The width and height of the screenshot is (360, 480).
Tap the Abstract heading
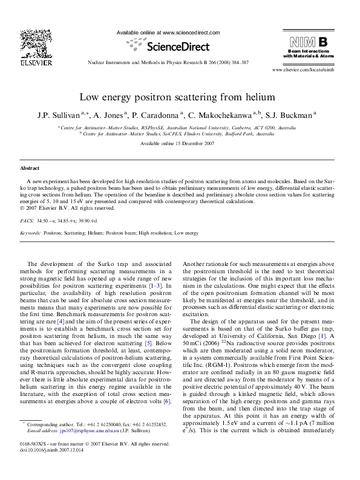pos(30,167)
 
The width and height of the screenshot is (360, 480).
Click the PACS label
pos(27,222)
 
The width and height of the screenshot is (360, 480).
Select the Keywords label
pos(30,233)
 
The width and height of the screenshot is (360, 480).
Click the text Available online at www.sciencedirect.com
pos(168,33)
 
